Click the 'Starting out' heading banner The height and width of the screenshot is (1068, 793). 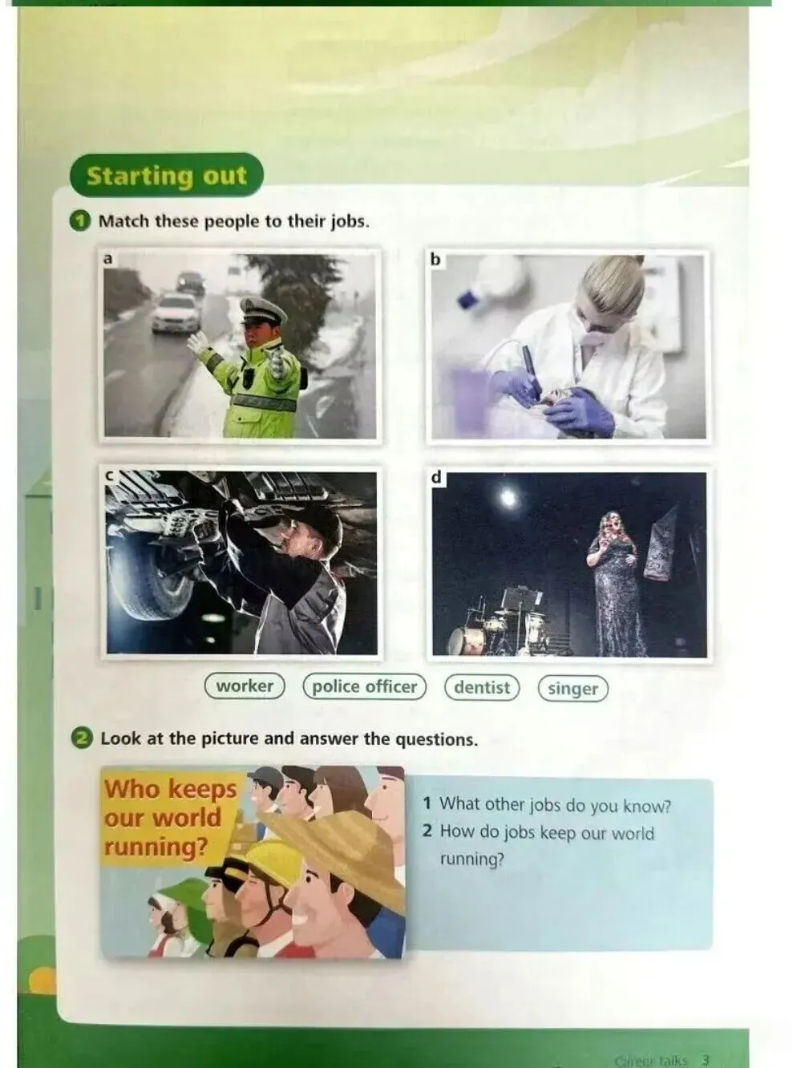pyautogui.click(x=167, y=176)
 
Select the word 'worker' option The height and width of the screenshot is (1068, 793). pyautogui.click(x=245, y=686)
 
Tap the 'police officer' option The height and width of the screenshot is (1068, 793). pyautogui.click(x=365, y=686)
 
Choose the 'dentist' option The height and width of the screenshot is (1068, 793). pyautogui.click(x=482, y=687)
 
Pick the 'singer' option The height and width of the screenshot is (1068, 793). pyautogui.click(x=573, y=689)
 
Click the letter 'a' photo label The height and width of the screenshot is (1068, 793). pyautogui.click(x=108, y=259)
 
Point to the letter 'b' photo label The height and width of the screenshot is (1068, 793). pyautogui.click(x=435, y=260)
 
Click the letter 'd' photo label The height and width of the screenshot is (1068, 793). pyautogui.click(x=436, y=477)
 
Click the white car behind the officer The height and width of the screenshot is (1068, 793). pyautogui.click(x=176, y=312)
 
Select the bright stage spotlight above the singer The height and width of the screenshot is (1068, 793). pyautogui.click(x=508, y=497)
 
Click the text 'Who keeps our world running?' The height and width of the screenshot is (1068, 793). pyautogui.click(x=170, y=818)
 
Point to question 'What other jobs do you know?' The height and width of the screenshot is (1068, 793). pyautogui.click(x=547, y=803)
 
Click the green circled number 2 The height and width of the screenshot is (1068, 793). pyautogui.click(x=82, y=738)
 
